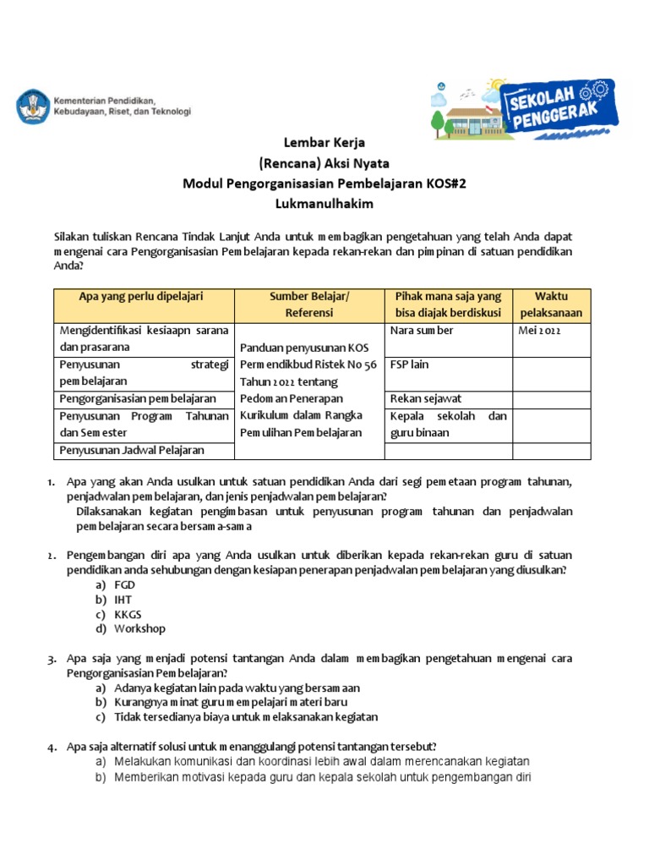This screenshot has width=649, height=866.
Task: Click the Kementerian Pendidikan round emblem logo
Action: (x=32, y=106)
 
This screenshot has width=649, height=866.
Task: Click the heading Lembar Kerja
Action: (x=324, y=143)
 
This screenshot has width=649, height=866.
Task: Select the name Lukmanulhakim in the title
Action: (x=324, y=204)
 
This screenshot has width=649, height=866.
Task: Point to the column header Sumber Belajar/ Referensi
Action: (x=308, y=304)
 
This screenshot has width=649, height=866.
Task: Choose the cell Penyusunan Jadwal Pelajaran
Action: (x=132, y=450)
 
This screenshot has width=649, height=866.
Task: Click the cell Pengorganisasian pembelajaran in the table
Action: (x=138, y=398)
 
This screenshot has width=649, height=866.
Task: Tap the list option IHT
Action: (x=123, y=600)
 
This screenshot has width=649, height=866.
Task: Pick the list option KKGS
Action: (x=128, y=614)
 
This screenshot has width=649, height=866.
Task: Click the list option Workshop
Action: (x=139, y=628)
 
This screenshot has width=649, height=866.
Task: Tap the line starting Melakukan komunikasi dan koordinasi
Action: (x=321, y=761)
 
